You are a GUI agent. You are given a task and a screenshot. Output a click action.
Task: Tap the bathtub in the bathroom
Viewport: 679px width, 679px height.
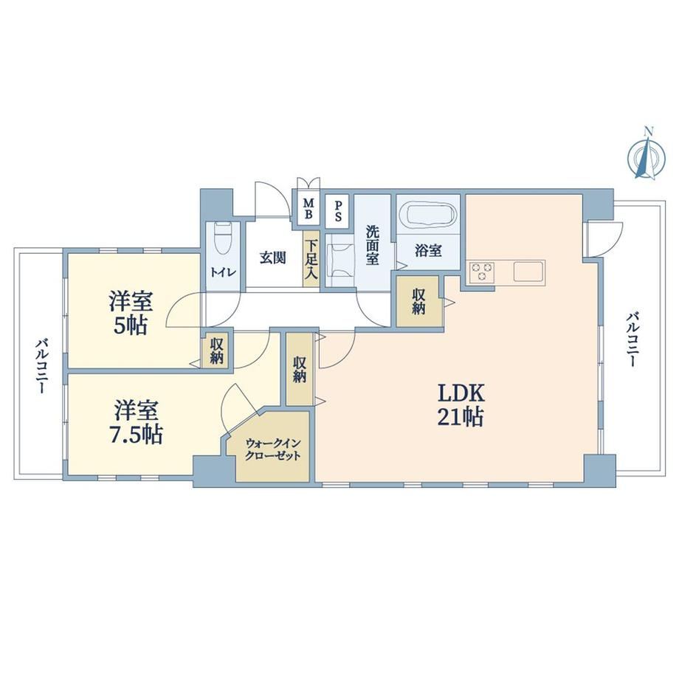click(428, 214)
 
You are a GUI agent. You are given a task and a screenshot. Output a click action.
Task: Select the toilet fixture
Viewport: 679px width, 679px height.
click(224, 238)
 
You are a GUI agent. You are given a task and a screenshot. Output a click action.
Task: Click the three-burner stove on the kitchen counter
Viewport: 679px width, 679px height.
click(481, 272)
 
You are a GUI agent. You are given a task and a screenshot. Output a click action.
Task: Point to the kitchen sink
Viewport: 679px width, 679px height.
click(528, 272)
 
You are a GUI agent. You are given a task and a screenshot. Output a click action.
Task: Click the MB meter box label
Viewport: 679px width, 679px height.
click(309, 209)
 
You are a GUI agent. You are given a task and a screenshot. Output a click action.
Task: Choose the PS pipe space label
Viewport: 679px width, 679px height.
click(338, 210)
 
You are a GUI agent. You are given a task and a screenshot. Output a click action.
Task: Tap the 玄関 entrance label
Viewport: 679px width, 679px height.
click(273, 258)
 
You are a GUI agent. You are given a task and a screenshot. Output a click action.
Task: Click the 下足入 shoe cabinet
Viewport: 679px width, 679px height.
click(311, 258)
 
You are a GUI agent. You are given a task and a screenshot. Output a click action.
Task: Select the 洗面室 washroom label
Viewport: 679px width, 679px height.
click(373, 245)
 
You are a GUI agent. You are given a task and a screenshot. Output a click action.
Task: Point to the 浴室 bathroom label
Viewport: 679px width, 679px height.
click(428, 250)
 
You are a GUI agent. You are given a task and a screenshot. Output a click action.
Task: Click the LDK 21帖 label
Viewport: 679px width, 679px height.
click(461, 405)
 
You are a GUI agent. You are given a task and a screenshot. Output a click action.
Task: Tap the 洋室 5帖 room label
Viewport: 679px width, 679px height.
click(131, 313)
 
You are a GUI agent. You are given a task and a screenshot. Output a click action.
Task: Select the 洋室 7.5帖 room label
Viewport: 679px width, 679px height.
click(136, 422)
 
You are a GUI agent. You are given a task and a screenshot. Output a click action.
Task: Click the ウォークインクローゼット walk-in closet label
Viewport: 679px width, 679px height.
click(273, 449)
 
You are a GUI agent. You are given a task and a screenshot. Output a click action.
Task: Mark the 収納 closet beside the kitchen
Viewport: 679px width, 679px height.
click(419, 301)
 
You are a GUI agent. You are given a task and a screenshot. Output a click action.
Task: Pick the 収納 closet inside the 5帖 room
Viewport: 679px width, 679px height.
click(217, 351)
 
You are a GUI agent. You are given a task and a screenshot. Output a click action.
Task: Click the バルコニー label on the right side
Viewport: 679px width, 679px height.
click(632, 340)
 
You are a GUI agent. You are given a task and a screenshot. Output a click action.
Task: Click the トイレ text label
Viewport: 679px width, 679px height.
click(223, 272)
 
